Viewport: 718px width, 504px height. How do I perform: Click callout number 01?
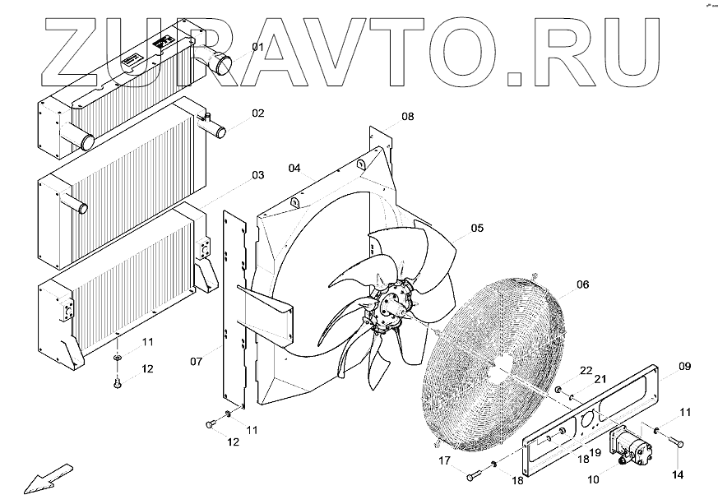[x=257, y=47]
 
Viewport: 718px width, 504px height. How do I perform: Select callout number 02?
[x=257, y=113]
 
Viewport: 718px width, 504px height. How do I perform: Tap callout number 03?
[x=257, y=175]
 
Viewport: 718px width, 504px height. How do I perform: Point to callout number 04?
[x=294, y=169]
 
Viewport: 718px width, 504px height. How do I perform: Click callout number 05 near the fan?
[x=477, y=228]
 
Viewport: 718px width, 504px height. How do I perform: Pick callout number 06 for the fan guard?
[x=582, y=285]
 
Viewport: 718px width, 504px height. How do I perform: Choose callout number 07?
[x=197, y=361]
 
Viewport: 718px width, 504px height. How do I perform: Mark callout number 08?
[x=408, y=117]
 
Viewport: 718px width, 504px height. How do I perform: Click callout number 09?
[x=685, y=366]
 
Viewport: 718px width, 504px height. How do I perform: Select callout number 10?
[x=594, y=477]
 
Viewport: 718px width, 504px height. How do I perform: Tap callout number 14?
[x=679, y=474]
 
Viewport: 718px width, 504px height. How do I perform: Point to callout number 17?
[x=443, y=460]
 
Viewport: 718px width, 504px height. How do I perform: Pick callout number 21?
[x=600, y=380]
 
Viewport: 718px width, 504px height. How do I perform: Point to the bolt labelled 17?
[x=473, y=476]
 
